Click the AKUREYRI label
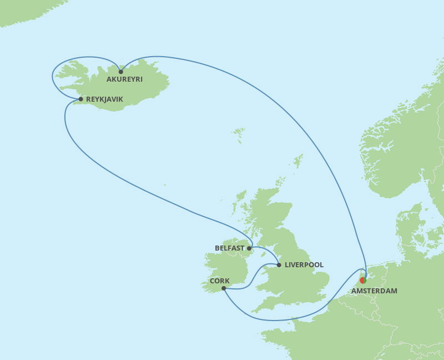124,79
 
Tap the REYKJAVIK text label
104,99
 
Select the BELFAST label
229,248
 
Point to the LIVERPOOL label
304,265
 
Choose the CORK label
220,281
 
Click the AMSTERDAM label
374,291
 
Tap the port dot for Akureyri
120,72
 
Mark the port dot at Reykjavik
81,99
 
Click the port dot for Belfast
249,248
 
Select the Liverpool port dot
279,265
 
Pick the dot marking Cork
223,288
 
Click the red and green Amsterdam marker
362,281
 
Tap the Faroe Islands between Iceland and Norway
239,134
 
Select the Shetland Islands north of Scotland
299,161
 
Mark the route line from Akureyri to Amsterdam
289,105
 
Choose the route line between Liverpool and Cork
253,278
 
